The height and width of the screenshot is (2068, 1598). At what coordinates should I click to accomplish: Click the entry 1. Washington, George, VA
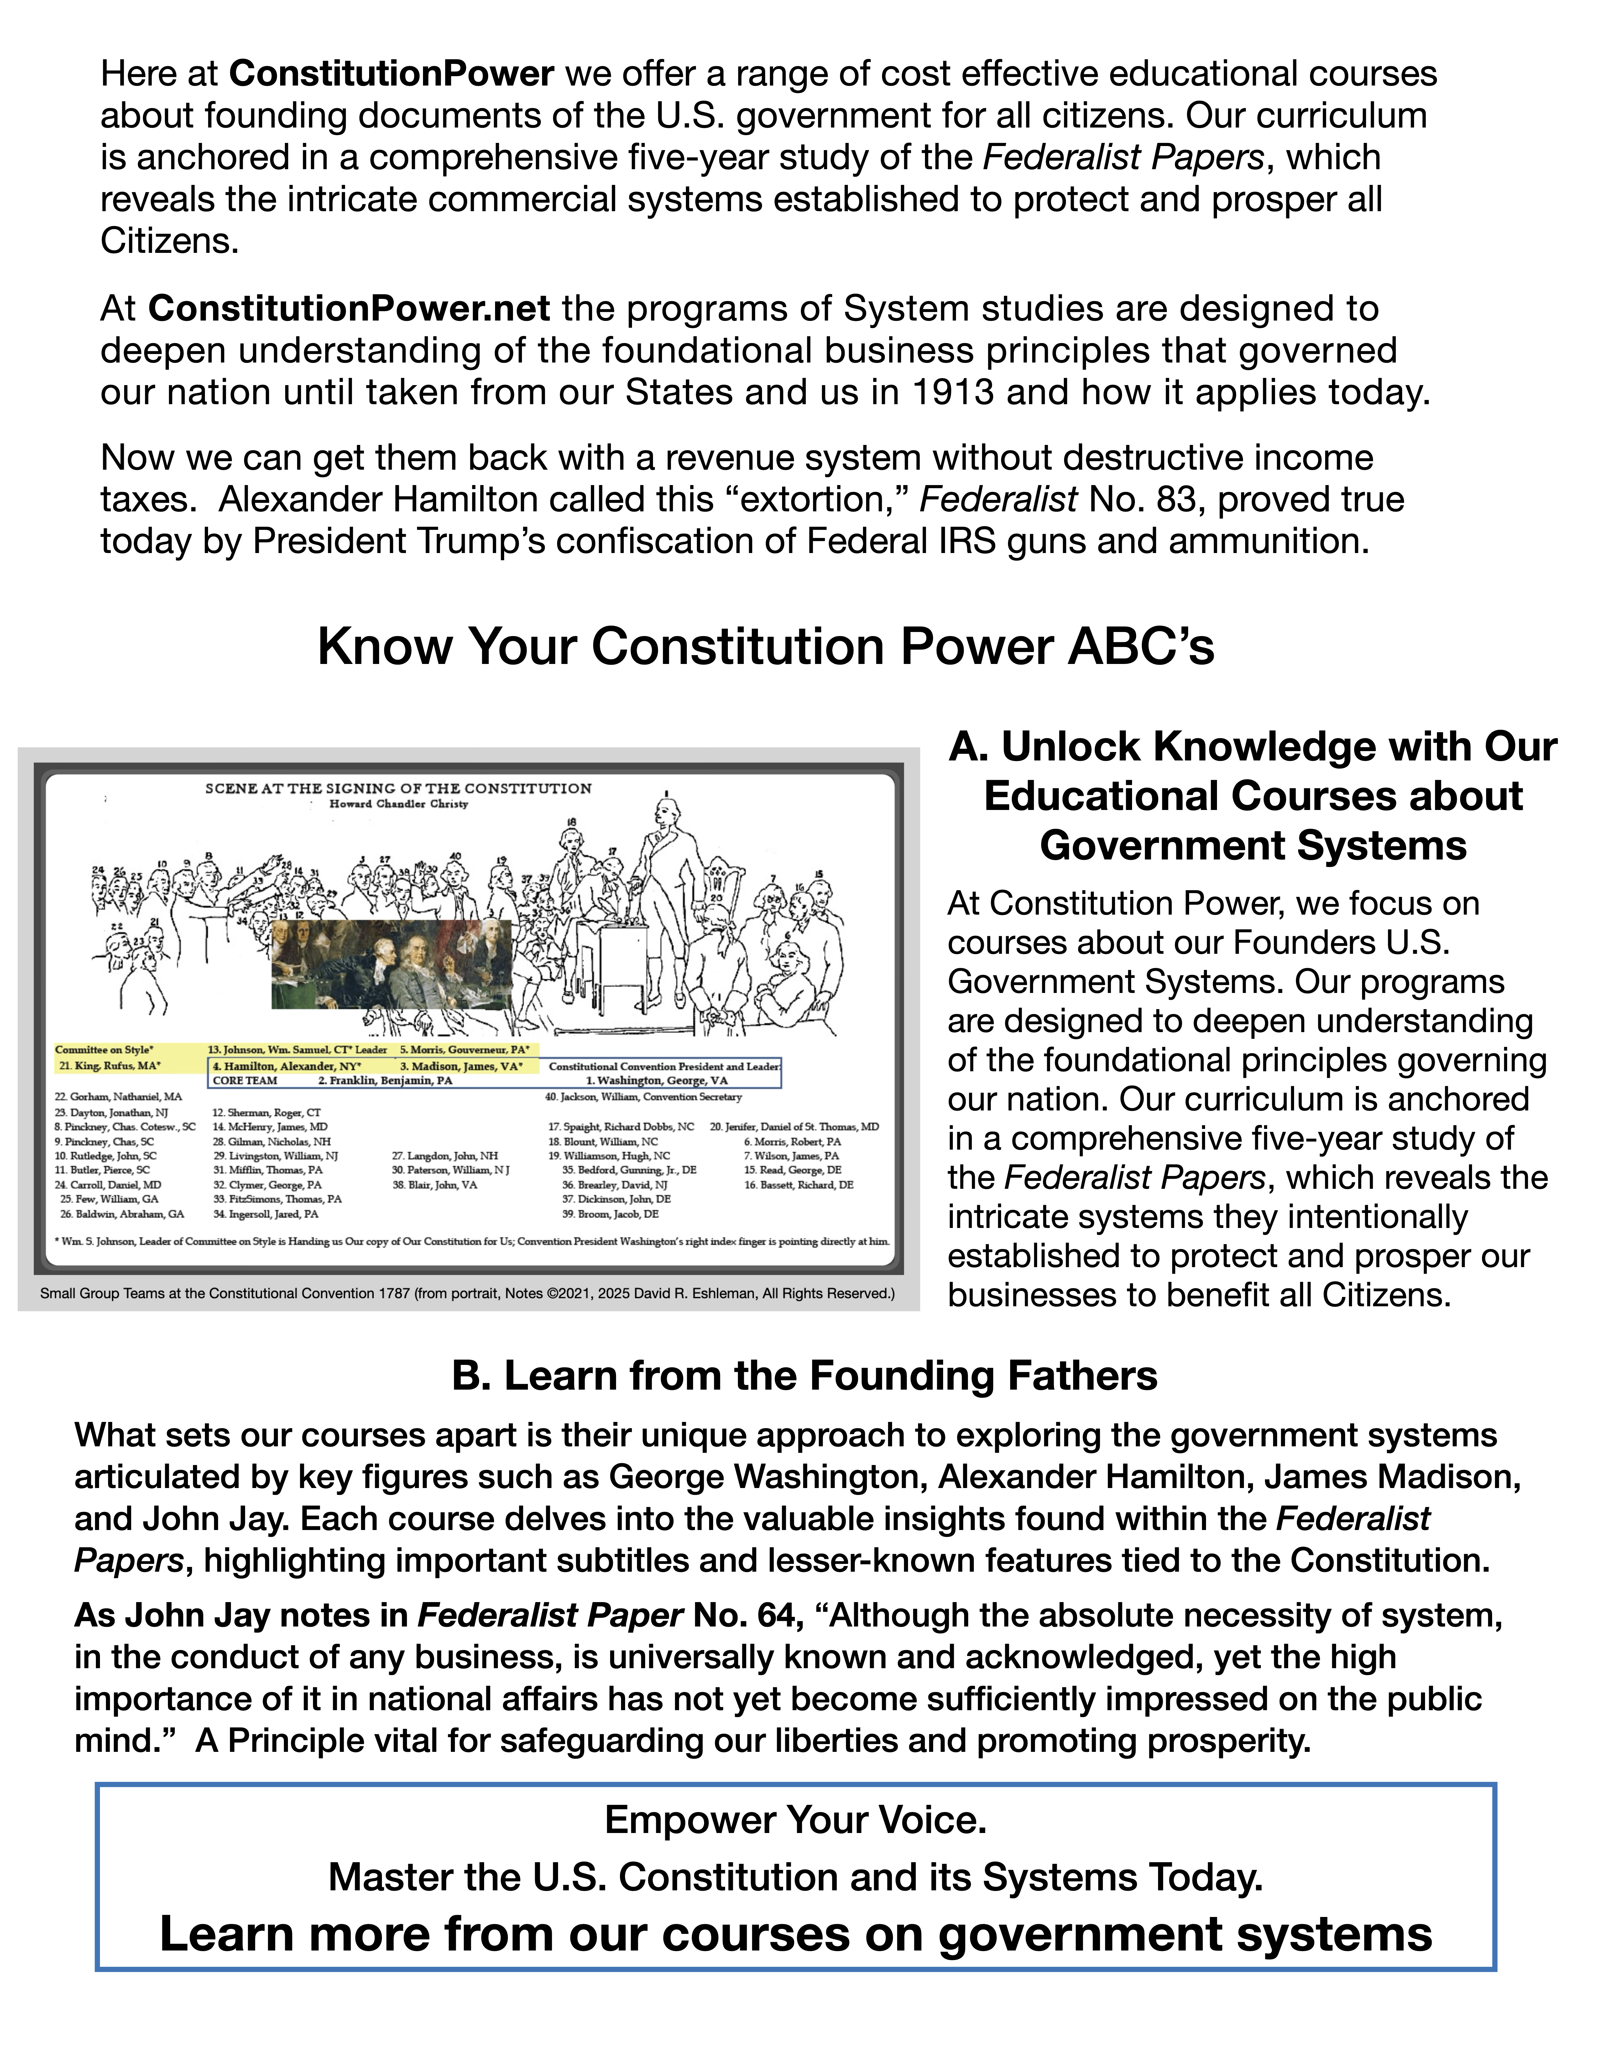coord(656,1080)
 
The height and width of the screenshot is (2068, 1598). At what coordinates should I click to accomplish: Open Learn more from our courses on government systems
coord(795,1935)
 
